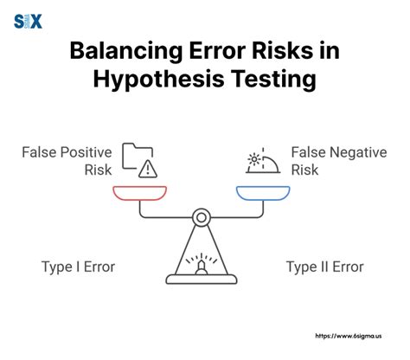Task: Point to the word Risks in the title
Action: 290,51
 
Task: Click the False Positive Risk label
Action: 67,161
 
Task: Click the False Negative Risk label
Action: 338,161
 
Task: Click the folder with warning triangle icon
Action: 138,159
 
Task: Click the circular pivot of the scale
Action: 201,216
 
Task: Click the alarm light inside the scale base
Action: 201,265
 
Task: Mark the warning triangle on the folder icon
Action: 148,167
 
